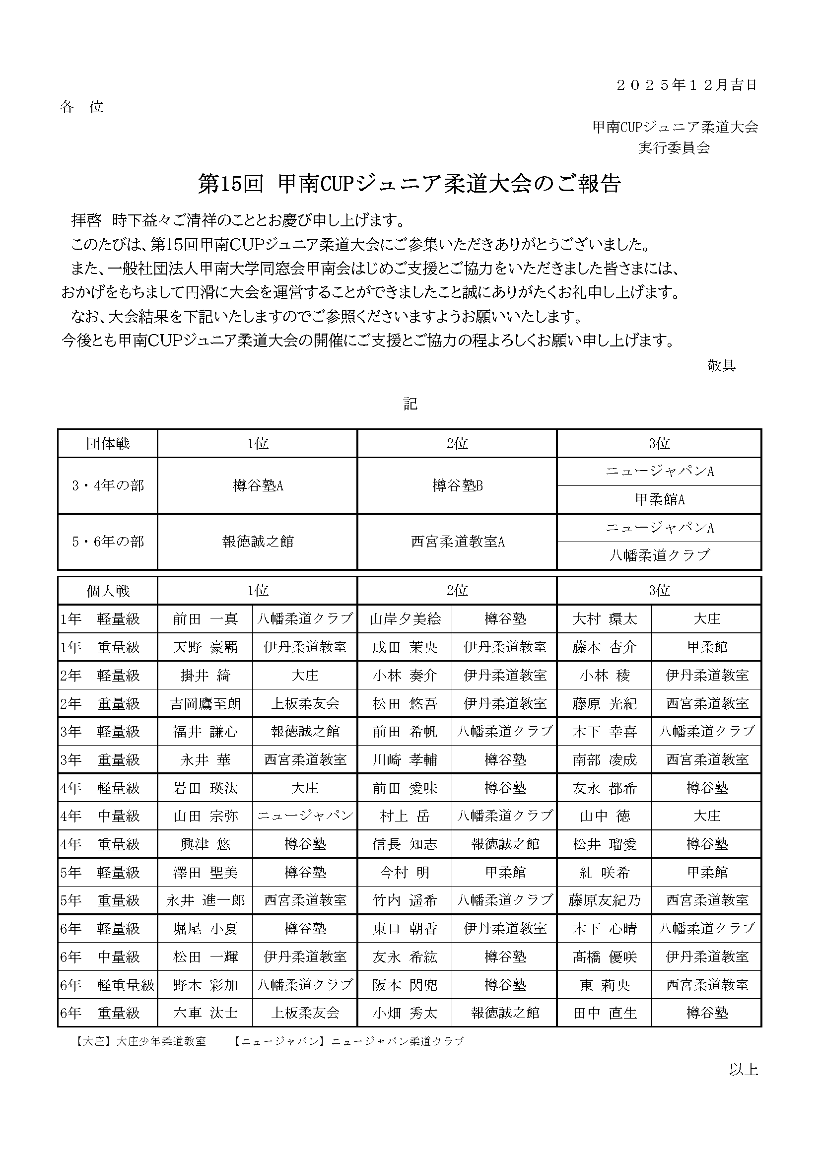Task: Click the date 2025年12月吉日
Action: click(x=686, y=85)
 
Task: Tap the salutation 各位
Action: click(x=82, y=107)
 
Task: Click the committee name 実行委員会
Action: click(x=674, y=147)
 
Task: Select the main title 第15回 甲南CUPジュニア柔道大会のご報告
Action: click(x=409, y=184)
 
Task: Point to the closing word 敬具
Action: click(x=721, y=366)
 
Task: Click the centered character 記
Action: click(x=410, y=404)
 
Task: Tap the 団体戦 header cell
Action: click(x=108, y=443)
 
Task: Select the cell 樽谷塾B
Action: click(x=458, y=485)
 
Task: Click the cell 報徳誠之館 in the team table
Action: click(x=258, y=542)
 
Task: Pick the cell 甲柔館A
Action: click(x=659, y=500)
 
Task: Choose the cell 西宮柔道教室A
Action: click(x=458, y=542)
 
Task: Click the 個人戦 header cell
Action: click(x=108, y=591)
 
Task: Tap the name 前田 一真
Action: click(x=205, y=619)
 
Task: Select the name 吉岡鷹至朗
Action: click(x=205, y=703)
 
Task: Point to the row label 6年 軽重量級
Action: click(x=108, y=984)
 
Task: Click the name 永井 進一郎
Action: click(x=205, y=900)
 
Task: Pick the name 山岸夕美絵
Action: click(x=405, y=619)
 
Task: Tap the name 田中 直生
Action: click(x=605, y=1013)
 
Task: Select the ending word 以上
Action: click(x=743, y=1069)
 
